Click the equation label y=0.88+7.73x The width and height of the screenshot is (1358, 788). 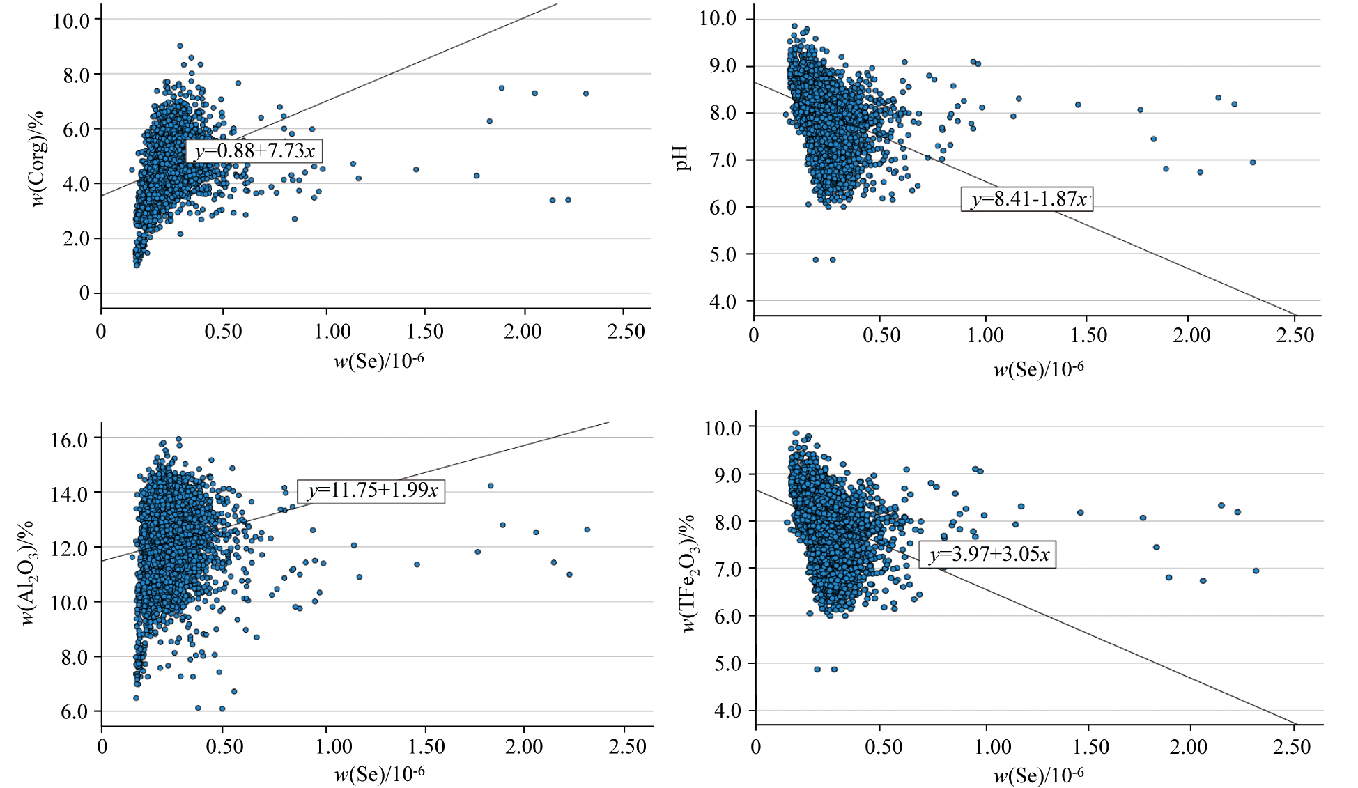pyautogui.click(x=254, y=151)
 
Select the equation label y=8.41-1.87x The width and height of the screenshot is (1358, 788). pyautogui.click(x=1028, y=199)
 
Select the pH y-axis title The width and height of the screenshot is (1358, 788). pyautogui.click(x=683, y=158)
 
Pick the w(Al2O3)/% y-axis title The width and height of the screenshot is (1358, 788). pyautogui.click(x=28, y=573)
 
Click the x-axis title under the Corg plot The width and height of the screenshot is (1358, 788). pyautogui.click(x=379, y=361)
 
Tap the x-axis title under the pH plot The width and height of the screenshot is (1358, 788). pyautogui.click(x=1038, y=369)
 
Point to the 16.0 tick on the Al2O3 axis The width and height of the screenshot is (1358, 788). pyautogui.click(x=70, y=439)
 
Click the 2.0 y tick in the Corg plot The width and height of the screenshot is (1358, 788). pyautogui.click(x=77, y=239)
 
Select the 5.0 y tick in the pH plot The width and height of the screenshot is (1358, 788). pyautogui.click(x=723, y=255)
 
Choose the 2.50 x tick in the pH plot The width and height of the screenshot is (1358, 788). pyautogui.click(x=1295, y=336)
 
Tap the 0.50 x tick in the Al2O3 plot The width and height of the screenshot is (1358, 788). pyautogui.click(x=224, y=747)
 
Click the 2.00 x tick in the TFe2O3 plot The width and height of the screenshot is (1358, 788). pyautogui.click(x=1188, y=748)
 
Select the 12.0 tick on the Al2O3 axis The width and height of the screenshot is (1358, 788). pyautogui.click(x=70, y=548)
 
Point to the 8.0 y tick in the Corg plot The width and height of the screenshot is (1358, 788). pyautogui.click(x=77, y=75)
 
